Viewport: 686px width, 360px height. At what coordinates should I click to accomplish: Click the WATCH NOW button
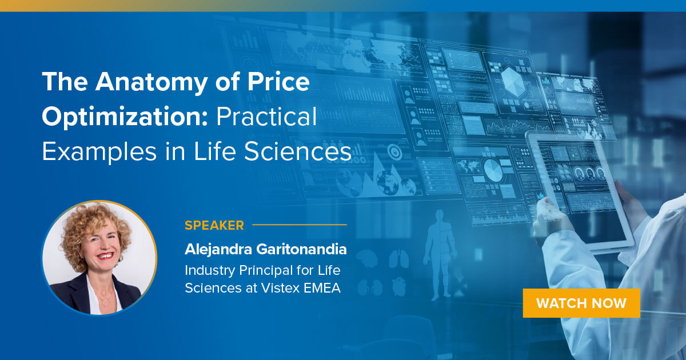[x=581, y=303]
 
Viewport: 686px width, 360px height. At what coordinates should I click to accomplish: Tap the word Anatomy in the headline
[x=143, y=83]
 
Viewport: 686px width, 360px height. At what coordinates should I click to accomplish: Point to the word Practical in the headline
[x=265, y=117]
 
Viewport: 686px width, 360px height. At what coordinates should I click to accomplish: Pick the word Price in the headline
[x=278, y=83]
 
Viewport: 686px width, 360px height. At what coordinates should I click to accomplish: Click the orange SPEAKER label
[x=214, y=225]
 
